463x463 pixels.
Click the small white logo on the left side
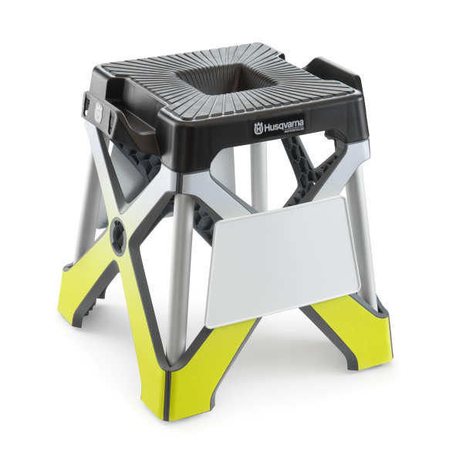click(x=97, y=111)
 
